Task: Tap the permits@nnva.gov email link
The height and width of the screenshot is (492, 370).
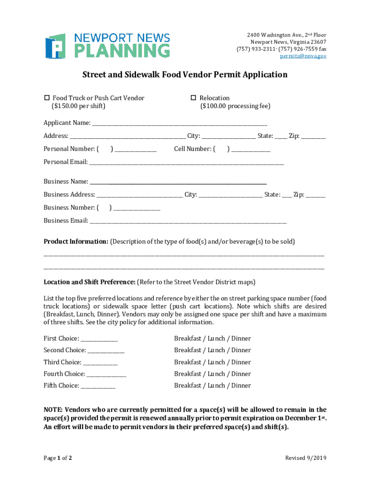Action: click(303, 56)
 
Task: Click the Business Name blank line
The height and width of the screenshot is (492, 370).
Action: click(178, 182)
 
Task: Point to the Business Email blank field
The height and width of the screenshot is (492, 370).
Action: click(188, 221)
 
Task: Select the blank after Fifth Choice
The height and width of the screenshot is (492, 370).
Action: click(98, 386)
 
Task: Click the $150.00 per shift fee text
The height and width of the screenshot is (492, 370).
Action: click(78, 106)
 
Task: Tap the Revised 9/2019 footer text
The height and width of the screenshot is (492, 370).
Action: click(306, 458)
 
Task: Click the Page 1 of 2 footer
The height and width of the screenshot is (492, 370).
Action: click(58, 458)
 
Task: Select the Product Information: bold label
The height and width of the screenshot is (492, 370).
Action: click(76, 241)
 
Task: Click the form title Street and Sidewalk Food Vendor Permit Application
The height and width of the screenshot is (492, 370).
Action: click(185, 74)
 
